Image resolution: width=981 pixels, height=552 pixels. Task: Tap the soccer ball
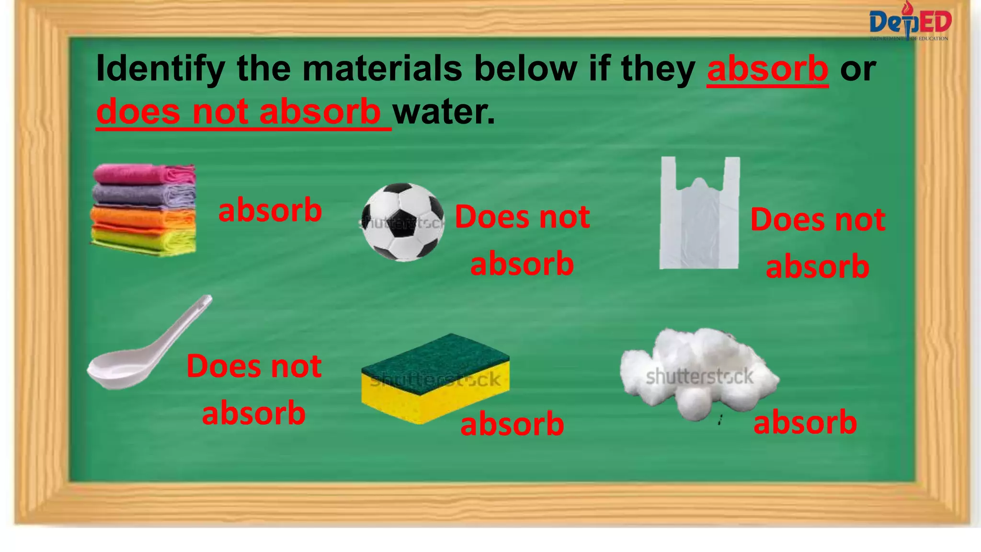point(403,222)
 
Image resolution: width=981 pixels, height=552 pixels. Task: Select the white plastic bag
point(699,216)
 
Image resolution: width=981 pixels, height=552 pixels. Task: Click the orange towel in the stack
point(144,217)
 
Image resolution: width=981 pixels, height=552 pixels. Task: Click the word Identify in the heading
point(160,69)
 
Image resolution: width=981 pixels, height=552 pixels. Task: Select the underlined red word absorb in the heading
point(767,69)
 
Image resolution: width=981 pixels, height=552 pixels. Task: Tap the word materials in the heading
point(382,69)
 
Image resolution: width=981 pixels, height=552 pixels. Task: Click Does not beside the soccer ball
point(522,217)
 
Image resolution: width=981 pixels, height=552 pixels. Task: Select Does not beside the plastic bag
point(818,220)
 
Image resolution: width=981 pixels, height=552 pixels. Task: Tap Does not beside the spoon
point(254,367)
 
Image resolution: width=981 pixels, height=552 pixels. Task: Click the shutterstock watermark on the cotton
point(699,377)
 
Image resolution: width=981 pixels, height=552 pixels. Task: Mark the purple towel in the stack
point(144,195)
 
